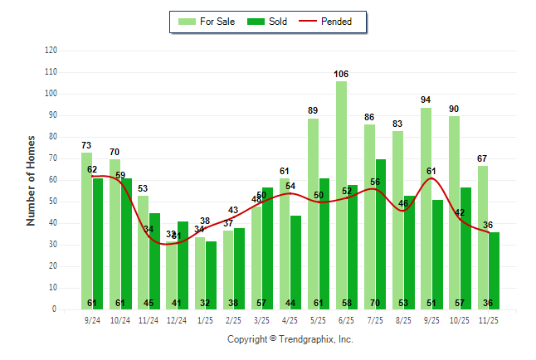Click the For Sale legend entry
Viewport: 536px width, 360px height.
[207, 22]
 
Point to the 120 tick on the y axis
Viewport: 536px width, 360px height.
[51, 51]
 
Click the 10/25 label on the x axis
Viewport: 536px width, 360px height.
[460, 319]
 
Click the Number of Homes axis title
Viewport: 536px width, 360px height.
[31, 180]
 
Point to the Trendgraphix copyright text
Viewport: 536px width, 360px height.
[290, 339]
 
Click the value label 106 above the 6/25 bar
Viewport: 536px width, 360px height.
[341, 74]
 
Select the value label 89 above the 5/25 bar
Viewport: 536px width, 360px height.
[313, 110]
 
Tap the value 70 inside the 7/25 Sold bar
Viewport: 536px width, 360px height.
[380, 303]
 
